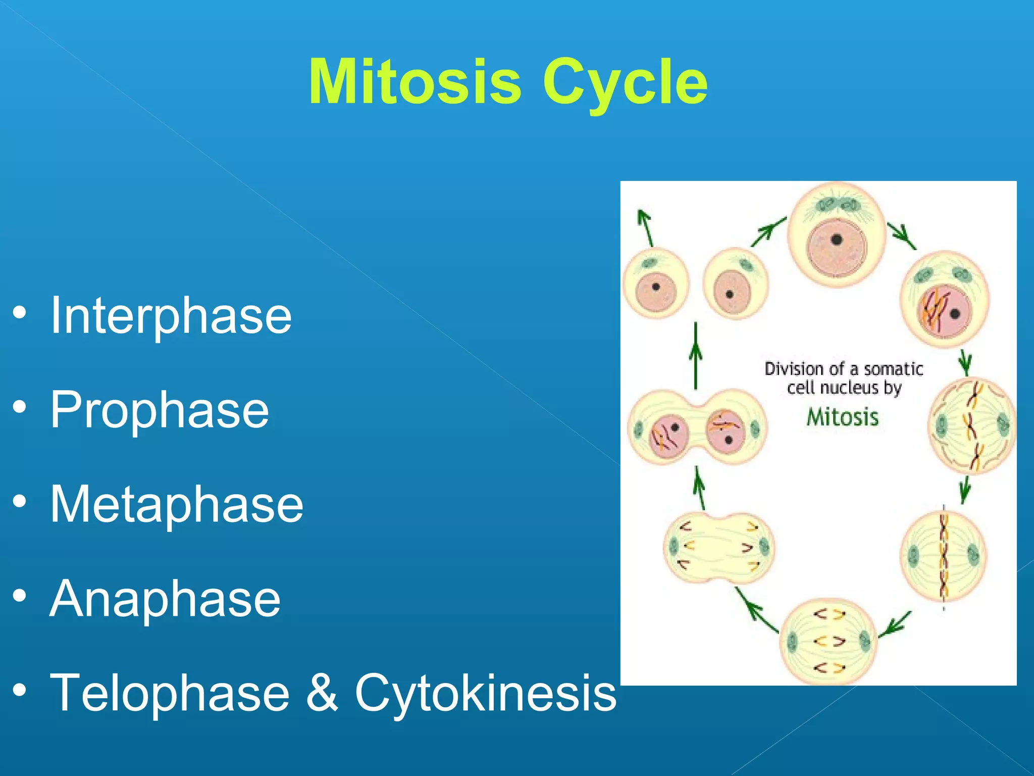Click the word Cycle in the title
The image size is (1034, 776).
coord(625,82)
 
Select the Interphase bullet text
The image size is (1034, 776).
coord(171,316)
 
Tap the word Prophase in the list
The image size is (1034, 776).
coord(159,410)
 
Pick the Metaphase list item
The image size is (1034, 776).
coord(176,504)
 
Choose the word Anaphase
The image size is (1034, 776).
coord(165,599)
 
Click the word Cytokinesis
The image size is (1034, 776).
coord(485,693)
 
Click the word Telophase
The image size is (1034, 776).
coord(170,693)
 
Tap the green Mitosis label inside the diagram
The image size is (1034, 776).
coord(842,417)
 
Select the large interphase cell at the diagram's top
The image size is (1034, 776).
coord(837,235)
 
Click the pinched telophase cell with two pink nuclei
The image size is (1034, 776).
coord(697,427)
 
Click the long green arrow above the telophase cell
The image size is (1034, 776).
coord(696,356)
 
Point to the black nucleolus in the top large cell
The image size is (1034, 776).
coord(837,239)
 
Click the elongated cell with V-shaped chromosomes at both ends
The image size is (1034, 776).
coord(718,548)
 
